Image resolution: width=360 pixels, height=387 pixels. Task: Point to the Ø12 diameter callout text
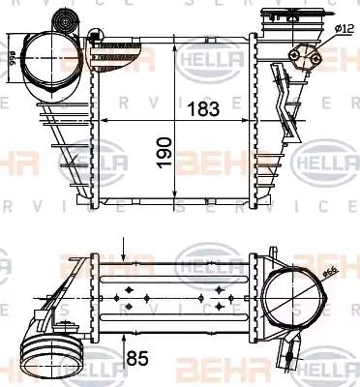(x=344, y=29)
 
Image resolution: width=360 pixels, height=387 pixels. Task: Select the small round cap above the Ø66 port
(x=67, y=18)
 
